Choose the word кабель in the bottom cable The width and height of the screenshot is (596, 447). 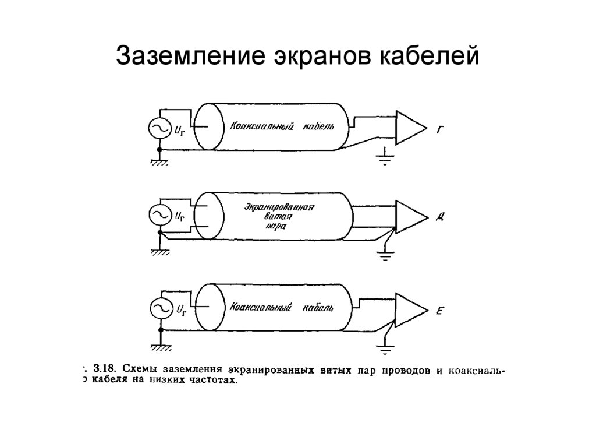point(318,307)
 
